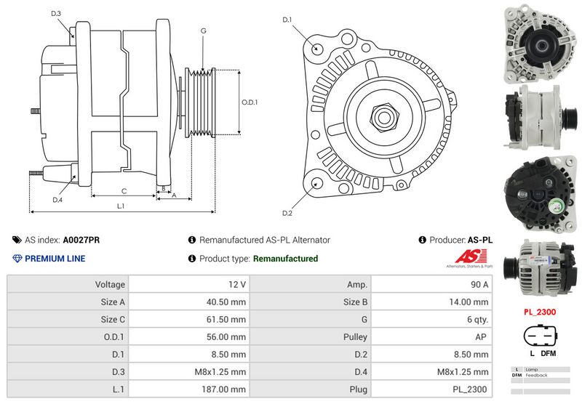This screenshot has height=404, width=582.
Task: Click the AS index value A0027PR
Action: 81,240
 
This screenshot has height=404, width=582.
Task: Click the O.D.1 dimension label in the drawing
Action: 250,102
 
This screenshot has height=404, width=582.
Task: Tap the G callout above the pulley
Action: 203,31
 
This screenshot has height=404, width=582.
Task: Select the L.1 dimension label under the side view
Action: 121,206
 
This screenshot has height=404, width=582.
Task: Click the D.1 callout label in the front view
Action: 287,20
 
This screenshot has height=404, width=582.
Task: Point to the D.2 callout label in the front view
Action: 287,213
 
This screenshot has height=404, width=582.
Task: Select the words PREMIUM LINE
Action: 55,259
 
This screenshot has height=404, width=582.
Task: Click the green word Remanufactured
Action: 285,259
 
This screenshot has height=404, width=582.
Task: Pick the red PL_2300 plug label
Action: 539,312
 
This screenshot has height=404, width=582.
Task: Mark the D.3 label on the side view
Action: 57,14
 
